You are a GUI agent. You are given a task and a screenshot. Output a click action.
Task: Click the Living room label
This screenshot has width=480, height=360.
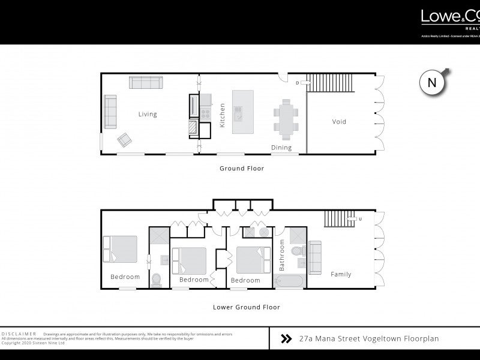pyautogui.click(x=148, y=114)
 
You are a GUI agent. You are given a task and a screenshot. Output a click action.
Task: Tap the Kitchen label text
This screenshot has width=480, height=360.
pyautogui.click(x=222, y=113)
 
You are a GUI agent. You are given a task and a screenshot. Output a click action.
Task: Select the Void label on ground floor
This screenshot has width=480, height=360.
pyautogui.click(x=339, y=122)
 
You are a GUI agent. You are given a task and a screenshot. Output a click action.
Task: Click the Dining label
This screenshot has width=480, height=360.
pyautogui.click(x=281, y=148)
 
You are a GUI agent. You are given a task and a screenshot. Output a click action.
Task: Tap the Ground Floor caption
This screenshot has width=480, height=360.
pyautogui.click(x=241, y=169)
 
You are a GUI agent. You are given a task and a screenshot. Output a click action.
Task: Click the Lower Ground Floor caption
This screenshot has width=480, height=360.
pyautogui.click(x=247, y=307)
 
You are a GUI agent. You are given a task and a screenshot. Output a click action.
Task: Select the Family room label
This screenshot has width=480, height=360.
pyautogui.click(x=341, y=275)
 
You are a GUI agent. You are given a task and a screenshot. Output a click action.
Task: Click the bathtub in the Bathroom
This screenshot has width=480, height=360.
pyautogui.click(x=292, y=281)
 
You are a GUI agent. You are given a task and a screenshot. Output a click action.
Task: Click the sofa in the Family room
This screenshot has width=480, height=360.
pyautogui.click(x=315, y=255)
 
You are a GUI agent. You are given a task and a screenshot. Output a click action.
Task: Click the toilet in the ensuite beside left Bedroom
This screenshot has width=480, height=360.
pyautogui.click(x=156, y=280)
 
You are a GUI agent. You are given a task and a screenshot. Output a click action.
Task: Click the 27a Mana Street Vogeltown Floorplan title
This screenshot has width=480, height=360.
pyautogui.click(x=368, y=338)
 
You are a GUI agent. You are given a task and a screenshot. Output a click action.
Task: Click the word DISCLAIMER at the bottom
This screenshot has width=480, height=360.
pyautogui.click(x=19, y=333)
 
